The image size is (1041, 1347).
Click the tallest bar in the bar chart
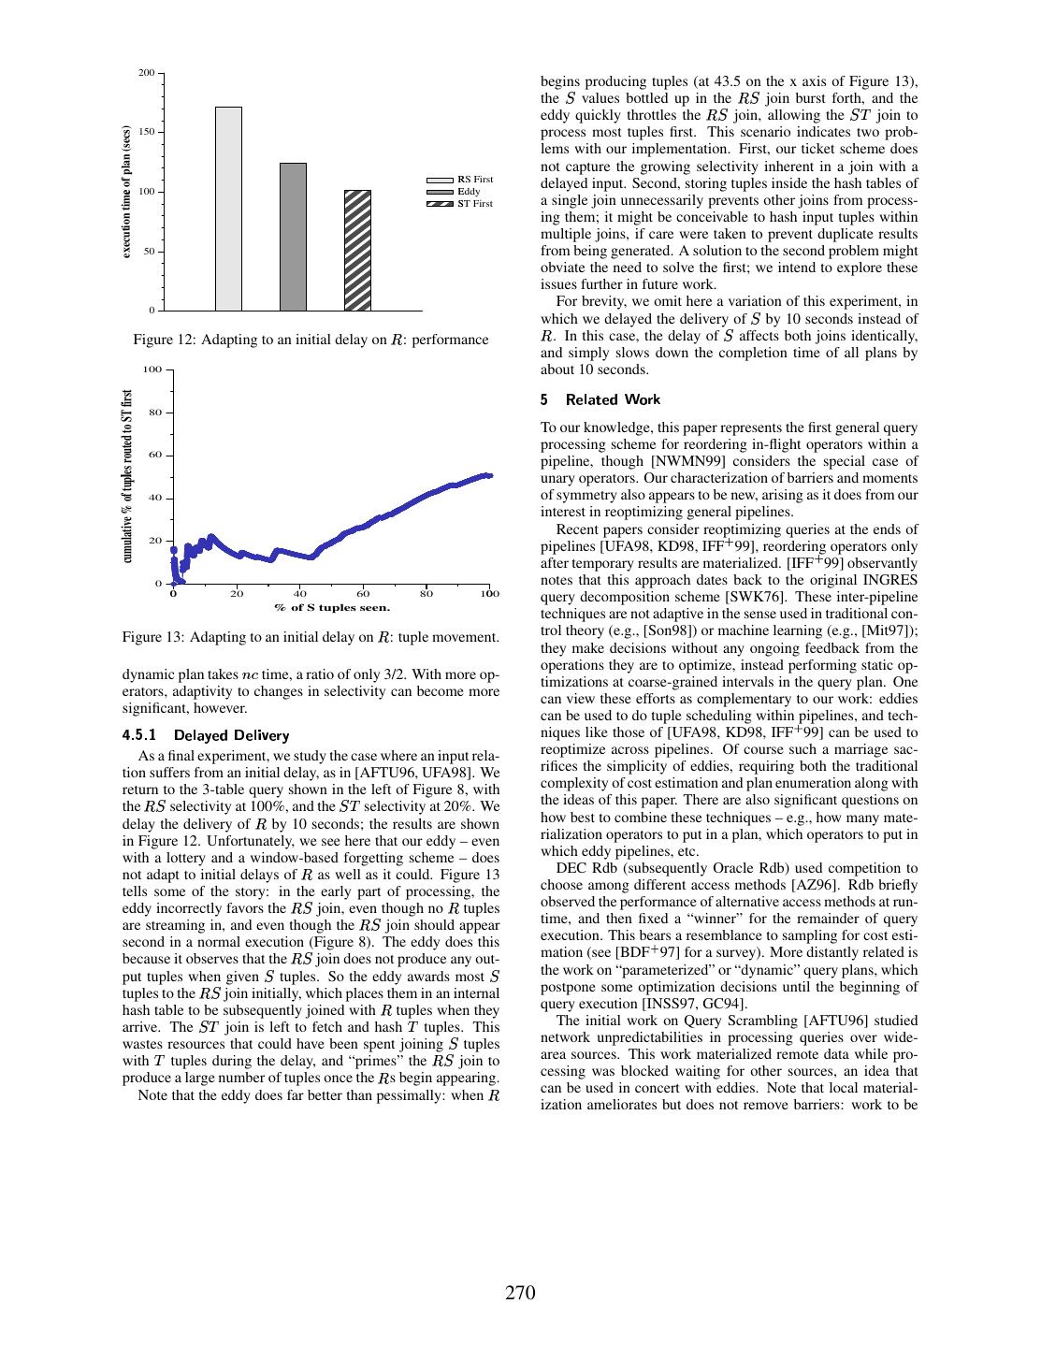(x=228, y=209)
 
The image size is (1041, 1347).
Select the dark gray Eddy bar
(x=293, y=237)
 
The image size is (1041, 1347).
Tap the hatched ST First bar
(x=357, y=250)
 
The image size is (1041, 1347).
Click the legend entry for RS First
(x=459, y=179)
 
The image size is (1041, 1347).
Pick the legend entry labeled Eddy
(x=459, y=191)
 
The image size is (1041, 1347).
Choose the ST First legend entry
(x=459, y=203)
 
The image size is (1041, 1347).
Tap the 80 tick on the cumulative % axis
(x=155, y=413)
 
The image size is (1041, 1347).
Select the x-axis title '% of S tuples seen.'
(x=332, y=608)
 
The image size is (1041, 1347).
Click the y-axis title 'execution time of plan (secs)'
(x=126, y=193)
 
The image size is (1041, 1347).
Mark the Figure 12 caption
(x=311, y=340)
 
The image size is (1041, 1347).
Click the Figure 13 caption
(x=311, y=637)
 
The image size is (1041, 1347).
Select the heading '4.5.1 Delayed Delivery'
(x=206, y=735)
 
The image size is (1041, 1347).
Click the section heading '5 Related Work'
(x=600, y=399)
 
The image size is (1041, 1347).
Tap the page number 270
(x=520, y=1294)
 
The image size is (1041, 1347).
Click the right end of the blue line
(x=490, y=476)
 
